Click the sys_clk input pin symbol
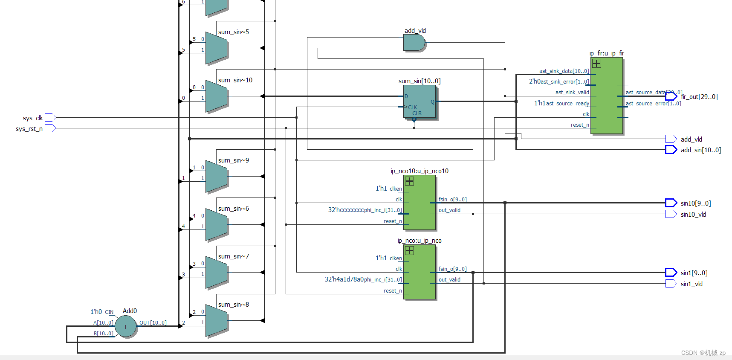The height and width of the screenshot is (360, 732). click(x=50, y=117)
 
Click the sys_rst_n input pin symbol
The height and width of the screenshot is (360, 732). click(x=50, y=128)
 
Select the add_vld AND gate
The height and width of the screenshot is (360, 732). click(x=414, y=43)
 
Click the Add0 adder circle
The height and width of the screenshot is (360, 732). click(x=126, y=327)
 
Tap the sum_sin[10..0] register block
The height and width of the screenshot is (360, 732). click(x=420, y=102)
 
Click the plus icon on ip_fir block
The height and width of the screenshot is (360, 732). click(x=596, y=64)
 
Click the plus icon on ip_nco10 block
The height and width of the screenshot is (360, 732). click(x=409, y=181)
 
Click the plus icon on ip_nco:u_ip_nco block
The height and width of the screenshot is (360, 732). click(x=409, y=251)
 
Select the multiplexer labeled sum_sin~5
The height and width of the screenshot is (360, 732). click(x=217, y=48)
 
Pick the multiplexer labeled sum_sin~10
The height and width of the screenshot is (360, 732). click(x=217, y=96)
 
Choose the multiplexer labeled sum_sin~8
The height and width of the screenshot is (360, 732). click(x=217, y=321)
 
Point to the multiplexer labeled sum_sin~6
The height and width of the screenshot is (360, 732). click(x=217, y=225)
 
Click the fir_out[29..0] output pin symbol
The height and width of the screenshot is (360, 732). click(x=671, y=96)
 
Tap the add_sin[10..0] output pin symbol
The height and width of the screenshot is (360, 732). click(x=671, y=150)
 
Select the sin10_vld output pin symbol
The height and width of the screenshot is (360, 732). click(x=671, y=214)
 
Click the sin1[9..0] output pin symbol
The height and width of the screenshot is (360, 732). click(x=671, y=273)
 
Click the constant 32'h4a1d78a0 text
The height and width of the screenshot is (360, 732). click(x=344, y=279)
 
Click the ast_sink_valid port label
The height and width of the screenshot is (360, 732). click(x=572, y=93)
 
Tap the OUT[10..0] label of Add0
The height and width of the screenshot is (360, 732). click(x=153, y=323)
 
